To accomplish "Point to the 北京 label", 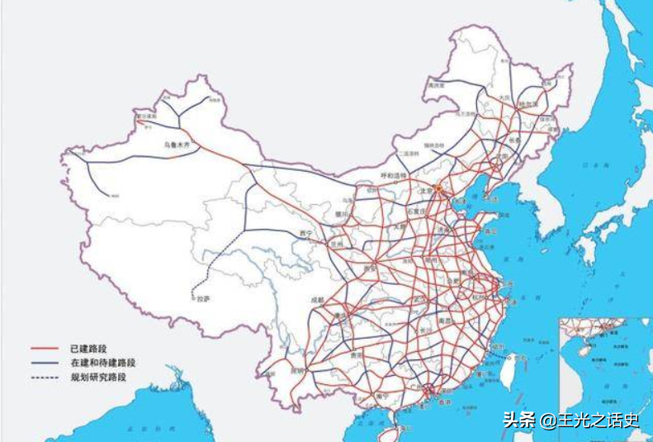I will coord(426,189).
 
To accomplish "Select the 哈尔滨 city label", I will coord(529,105).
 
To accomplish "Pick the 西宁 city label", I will coord(306,234).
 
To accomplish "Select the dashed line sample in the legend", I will coord(46,378).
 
